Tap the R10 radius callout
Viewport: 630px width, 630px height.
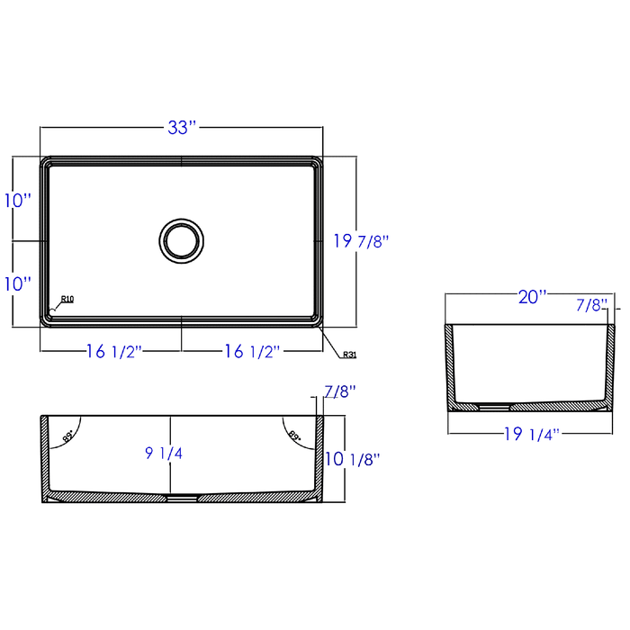click(67, 300)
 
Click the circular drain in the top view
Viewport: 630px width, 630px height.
click(181, 239)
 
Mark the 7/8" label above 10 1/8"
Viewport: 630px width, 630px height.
click(339, 391)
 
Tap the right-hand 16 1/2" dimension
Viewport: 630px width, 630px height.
click(253, 352)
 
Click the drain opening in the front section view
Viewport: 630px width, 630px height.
click(183, 497)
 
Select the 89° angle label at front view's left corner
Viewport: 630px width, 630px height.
click(68, 436)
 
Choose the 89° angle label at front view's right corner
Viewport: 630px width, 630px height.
click(293, 436)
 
